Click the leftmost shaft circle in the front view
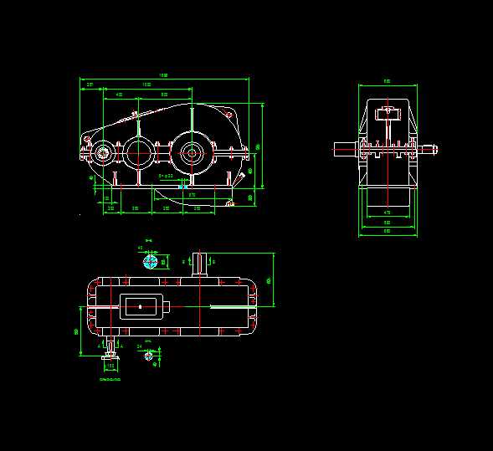(x=104, y=152)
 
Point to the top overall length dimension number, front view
(x=164, y=75)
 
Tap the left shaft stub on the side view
(x=344, y=150)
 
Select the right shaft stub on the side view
(x=429, y=150)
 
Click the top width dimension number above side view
(x=387, y=81)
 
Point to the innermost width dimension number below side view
(x=387, y=213)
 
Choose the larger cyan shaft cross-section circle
(x=151, y=262)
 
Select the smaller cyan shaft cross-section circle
(x=149, y=356)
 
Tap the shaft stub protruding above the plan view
(x=199, y=264)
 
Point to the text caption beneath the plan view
(x=110, y=380)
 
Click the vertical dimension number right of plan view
(x=268, y=280)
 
